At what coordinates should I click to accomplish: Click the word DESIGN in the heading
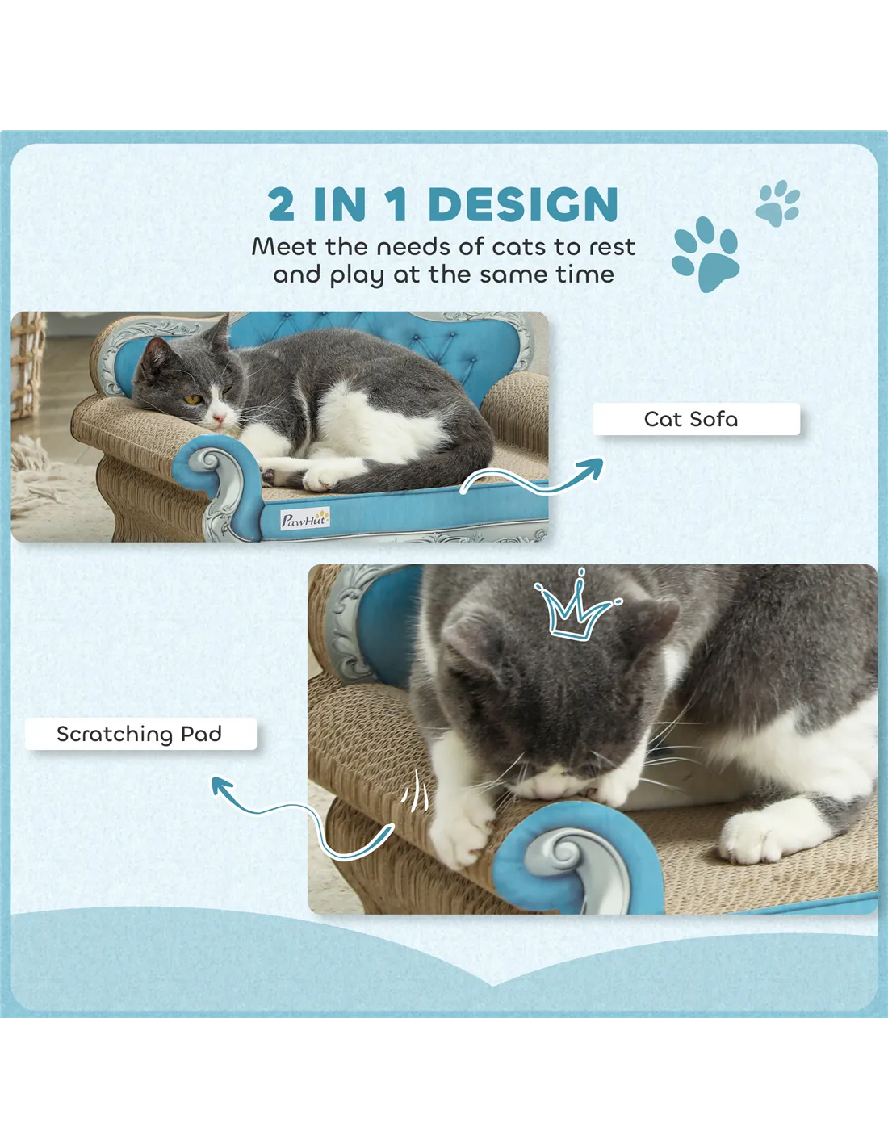point(523,204)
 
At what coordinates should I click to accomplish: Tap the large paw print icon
point(706,254)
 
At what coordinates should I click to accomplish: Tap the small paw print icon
point(777,204)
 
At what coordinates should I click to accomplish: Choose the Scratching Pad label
point(140,734)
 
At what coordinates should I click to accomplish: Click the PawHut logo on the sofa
point(305,519)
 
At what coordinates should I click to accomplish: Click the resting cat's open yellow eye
point(192,400)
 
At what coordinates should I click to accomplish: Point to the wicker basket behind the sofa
point(28,365)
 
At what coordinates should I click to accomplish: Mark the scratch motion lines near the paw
point(415,793)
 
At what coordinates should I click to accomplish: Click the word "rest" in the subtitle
point(612,247)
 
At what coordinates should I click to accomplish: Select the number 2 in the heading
point(281,204)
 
